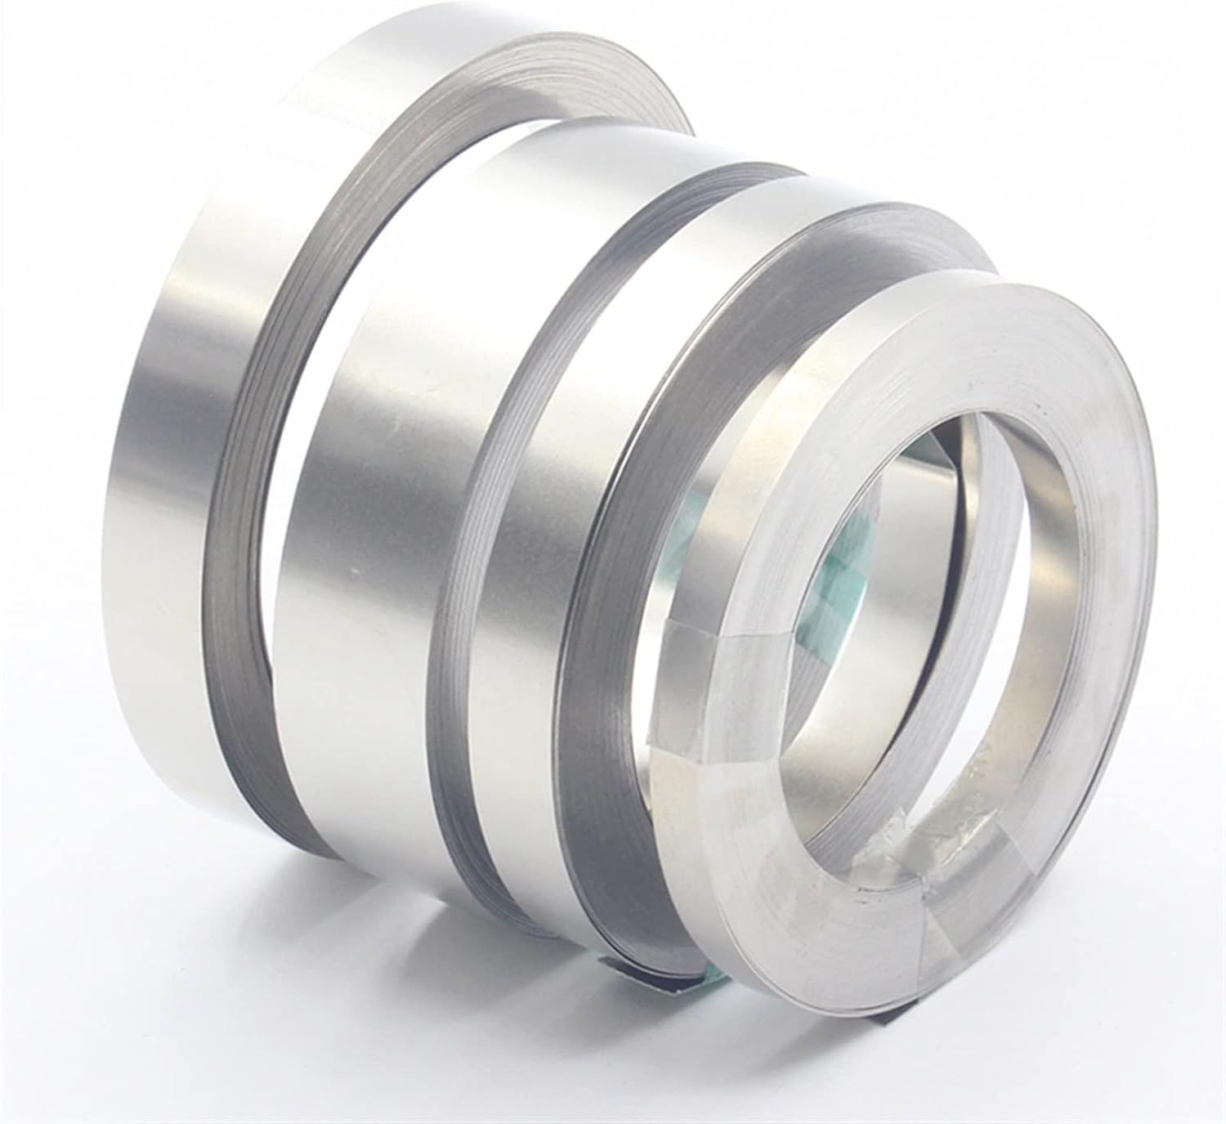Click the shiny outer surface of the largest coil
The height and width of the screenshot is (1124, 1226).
pyautogui.click(x=196, y=409)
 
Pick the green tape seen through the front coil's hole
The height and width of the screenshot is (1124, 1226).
pyautogui.click(x=842, y=589)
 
